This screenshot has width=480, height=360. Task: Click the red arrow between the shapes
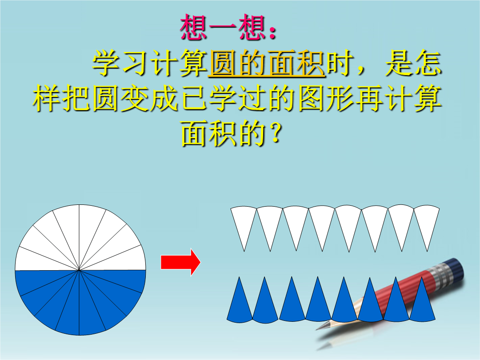pos(180,262)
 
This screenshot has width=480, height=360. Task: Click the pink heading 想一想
pos(223,28)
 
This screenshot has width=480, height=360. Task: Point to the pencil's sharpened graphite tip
pos(318,328)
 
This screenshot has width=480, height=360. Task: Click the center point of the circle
pos(79,270)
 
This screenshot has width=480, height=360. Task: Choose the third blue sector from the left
pos(292,301)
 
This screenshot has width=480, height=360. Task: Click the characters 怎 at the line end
pos(428,63)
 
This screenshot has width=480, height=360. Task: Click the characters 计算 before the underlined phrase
pos(179,63)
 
